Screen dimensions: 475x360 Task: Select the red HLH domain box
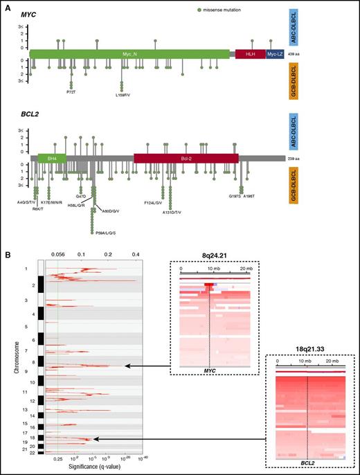[x=249, y=54]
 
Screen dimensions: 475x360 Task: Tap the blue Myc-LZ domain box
[x=275, y=54]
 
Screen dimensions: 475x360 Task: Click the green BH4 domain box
[x=52, y=159]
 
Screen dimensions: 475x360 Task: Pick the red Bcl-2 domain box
[x=186, y=159]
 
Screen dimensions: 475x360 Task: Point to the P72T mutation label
[x=71, y=91]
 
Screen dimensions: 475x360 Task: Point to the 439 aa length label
[x=296, y=54]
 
